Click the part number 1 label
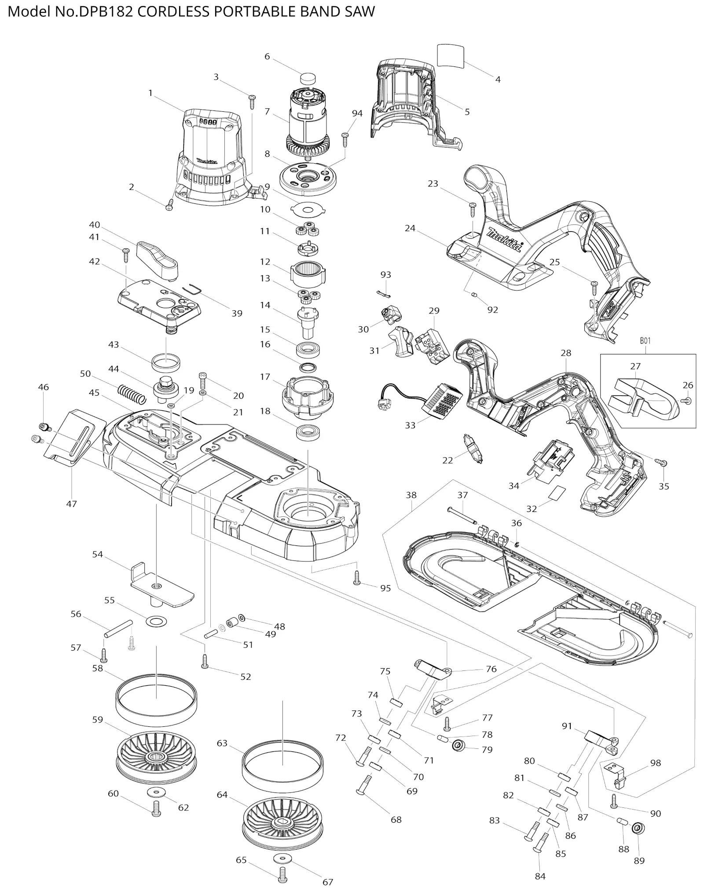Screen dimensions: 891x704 pos(150,93)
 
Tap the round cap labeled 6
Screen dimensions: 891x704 pos(307,79)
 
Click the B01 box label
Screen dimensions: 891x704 pos(645,340)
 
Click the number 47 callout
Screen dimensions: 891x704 pos(71,504)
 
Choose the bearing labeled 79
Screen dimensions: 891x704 pos(458,746)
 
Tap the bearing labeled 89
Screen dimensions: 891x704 pos(636,828)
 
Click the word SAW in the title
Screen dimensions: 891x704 pos(360,11)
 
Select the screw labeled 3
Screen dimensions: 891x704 pos(253,101)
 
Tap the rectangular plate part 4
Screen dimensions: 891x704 pos(451,55)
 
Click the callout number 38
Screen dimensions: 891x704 pos(411,495)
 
